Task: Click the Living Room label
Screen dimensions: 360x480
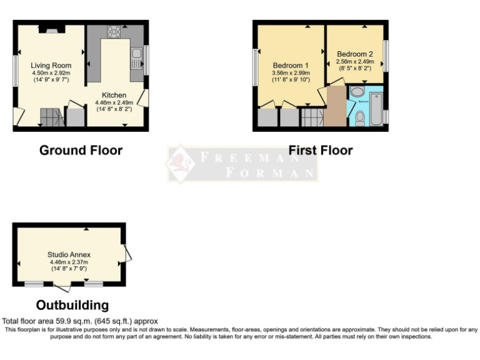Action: point(51,65)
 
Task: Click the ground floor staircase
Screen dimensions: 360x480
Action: point(51,116)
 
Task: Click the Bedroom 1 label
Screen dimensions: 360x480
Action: point(291,65)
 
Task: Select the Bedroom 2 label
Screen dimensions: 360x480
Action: point(354,54)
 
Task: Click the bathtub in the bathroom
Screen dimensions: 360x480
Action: point(376,108)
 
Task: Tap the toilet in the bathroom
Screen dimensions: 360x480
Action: point(359,117)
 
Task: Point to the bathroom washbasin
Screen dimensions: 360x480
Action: point(357,92)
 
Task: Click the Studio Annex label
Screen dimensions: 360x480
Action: point(69,254)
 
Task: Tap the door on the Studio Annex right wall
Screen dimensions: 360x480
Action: point(128,252)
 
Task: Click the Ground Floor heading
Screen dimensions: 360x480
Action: point(81,150)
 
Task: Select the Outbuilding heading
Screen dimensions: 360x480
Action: point(72,305)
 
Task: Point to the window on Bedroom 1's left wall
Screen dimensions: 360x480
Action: point(255,67)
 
